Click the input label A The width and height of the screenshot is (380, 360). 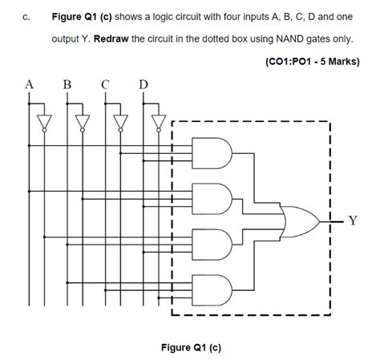pyautogui.click(x=30, y=83)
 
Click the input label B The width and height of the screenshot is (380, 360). pyautogui.click(x=67, y=83)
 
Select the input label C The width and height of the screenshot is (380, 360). pyautogui.click(x=106, y=83)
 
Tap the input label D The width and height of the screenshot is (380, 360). pyautogui.click(x=143, y=83)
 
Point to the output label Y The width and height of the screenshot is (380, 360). pyautogui.click(x=353, y=218)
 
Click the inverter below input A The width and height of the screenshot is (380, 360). pyautogui.click(x=44, y=121)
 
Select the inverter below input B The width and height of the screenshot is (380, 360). pyautogui.click(x=81, y=121)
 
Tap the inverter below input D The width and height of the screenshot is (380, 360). pyautogui.click(x=158, y=121)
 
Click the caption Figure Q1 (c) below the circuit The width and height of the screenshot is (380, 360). pyautogui.click(x=191, y=347)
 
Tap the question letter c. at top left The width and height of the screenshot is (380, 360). pyautogui.click(x=27, y=16)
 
